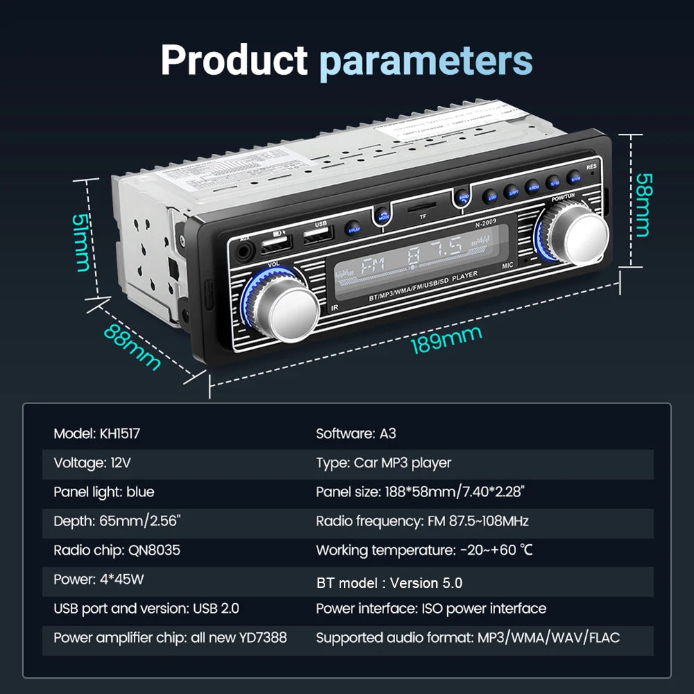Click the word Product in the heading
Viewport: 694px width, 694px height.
(x=234, y=61)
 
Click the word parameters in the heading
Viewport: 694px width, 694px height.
(x=426, y=62)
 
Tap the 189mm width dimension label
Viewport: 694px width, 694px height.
(x=446, y=340)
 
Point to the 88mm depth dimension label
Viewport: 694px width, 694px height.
(x=132, y=347)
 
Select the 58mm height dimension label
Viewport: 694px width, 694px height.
(x=643, y=204)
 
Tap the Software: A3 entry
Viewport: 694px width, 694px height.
(x=356, y=434)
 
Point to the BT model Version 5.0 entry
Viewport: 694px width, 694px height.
(x=389, y=582)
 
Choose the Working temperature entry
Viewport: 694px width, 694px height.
(x=424, y=550)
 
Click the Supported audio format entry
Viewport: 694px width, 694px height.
(x=468, y=637)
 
